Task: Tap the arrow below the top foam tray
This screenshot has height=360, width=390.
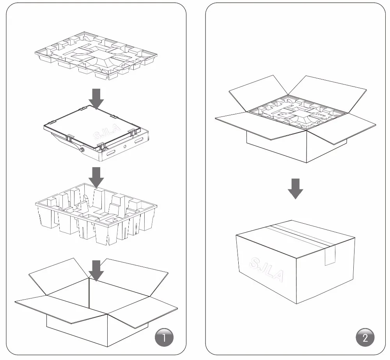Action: (x=96, y=98)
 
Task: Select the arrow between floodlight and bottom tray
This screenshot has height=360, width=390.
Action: (x=96, y=177)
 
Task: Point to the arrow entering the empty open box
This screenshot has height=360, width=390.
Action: (x=96, y=270)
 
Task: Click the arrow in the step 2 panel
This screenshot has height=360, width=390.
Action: (x=296, y=189)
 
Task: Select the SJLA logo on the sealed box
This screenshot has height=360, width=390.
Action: (x=268, y=269)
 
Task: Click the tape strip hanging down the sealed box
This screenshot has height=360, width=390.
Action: (x=330, y=256)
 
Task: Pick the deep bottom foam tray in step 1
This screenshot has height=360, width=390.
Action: (x=96, y=216)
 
